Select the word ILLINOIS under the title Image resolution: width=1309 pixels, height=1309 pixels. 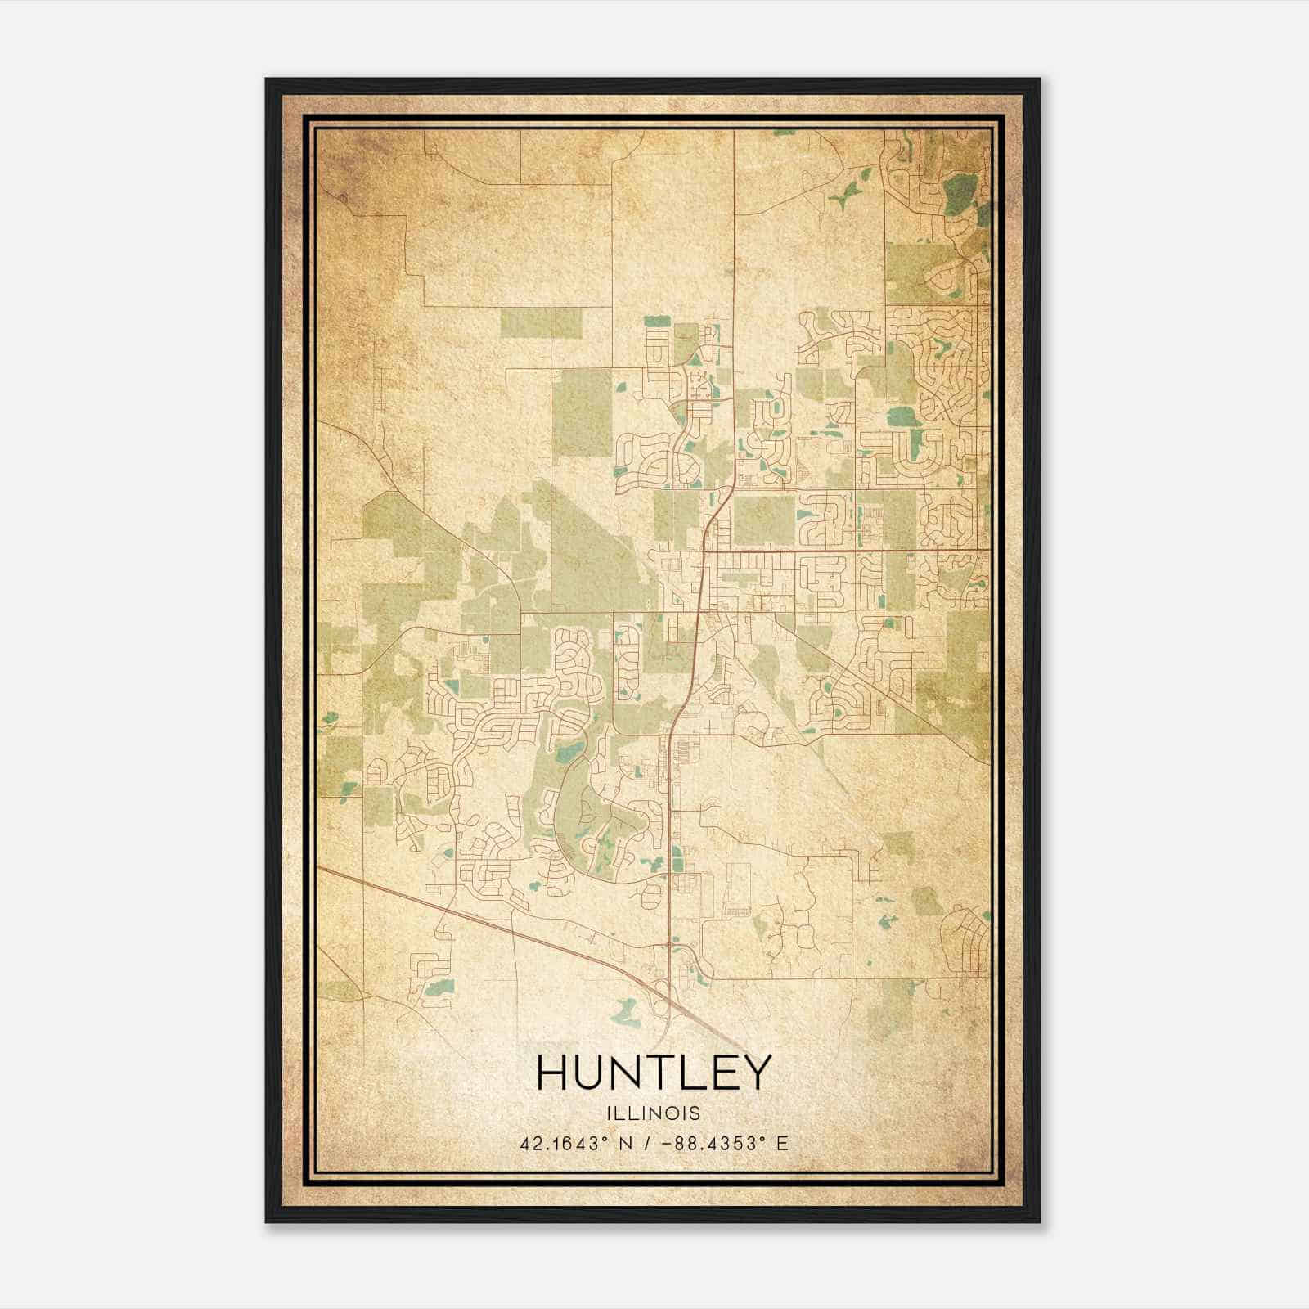654,1113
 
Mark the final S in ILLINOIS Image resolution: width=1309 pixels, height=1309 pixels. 695,1113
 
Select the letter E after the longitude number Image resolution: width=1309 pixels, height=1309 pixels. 783,1143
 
